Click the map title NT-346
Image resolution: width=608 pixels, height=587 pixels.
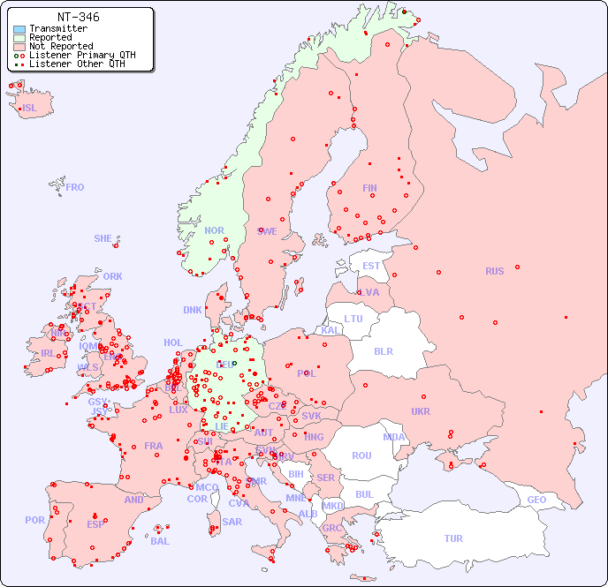pyautogui.click(x=78, y=17)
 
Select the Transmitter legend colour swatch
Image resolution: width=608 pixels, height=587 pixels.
pyautogui.click(x=19, y=29)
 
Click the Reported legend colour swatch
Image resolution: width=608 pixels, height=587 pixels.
pyautogui.click(x=19, y=38)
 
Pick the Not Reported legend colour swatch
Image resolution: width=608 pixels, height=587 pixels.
pyautogui.click(x=19, y=47)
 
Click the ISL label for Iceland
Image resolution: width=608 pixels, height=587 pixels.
pyautogui.click(x=30, y=109)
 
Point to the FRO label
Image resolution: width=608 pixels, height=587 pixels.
pyautogui.click(x=75, y=187)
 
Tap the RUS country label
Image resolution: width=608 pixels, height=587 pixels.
pyautogui.click(x=494, y=271)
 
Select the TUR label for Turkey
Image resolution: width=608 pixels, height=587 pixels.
pyautogui.click(x=453, y=538)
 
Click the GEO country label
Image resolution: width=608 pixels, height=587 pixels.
pyautogui.click(x=536, y=500)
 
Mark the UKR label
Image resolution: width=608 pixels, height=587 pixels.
pyautogui.click(x=420, y=411)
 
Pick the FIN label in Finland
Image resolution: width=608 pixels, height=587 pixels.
pyautogui.click(x=369, y=188)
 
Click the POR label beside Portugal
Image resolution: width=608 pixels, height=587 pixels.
pyautogui.click(x=34, y=520)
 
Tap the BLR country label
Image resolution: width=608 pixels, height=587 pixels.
pyautogui.click(x=383, y=350)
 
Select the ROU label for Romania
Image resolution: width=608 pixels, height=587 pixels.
pyautogui.click(x=361, y=455)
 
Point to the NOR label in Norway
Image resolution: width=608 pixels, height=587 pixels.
pyautogui.click(x=214, y=230)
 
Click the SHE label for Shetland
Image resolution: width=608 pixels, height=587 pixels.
pyautogui.click(x=103, y=238)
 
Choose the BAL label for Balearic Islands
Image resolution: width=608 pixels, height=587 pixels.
pyautogui.click(x=160, y=541)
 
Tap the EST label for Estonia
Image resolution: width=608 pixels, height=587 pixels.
pyautogui.click(x=371, y=266)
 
